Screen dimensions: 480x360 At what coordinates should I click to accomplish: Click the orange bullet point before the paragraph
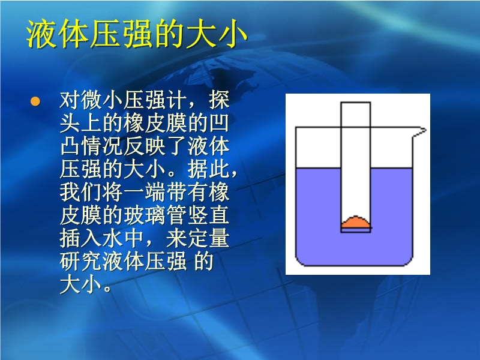click(x=35, y=101)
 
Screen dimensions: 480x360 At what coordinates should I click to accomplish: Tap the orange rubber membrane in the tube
click(x=356, y=222)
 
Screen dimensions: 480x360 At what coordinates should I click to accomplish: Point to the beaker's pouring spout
click(x=420, y=131)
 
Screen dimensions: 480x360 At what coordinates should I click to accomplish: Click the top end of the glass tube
click(x=356, y=102)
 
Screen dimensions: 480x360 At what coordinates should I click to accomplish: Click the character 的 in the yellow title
click(x=169, y=34)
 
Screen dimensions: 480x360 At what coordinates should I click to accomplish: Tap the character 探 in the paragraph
click(x=219, y=100)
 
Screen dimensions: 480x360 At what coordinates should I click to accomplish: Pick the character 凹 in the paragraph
click(x=219, y=123)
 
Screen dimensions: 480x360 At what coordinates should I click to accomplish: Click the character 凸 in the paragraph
click(x=70, y=146)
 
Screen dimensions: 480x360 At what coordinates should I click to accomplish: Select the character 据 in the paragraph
click(x=198, y=169)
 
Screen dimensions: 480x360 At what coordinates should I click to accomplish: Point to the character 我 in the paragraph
click(x=70, y=192)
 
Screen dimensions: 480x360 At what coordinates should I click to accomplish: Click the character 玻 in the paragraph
click(x=134, y=215)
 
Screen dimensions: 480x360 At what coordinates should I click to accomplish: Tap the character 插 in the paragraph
click(x=70, y=238)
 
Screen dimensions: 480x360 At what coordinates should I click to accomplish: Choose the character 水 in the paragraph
click(x=113, y=238)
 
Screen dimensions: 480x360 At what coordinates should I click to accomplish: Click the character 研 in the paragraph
click(x=70, y=262)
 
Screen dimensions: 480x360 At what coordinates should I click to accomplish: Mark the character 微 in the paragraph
click(x=92, y=100)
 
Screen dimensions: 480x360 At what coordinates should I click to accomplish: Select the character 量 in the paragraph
click(x=219, y=238)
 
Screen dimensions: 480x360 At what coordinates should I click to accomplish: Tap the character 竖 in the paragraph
click(x=198, y=215)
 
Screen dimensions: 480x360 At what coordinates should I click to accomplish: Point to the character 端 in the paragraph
click(x=155, y=192)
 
